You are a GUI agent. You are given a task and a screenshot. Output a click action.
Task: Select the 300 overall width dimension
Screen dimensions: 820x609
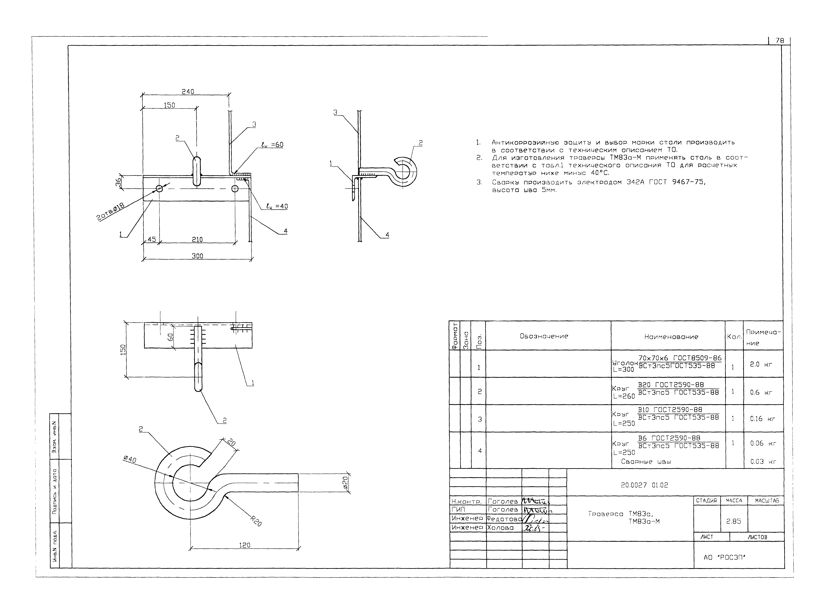tap(197, 256)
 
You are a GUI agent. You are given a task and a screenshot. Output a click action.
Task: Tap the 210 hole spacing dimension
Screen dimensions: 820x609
tap(197, 240)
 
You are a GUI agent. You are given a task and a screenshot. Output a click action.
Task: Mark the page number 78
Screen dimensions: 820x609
tap(780, 41)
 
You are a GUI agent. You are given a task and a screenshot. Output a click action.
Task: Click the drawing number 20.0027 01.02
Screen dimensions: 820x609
tap(644, 485)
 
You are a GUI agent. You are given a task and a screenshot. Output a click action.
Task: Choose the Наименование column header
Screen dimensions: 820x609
tap(671, 337)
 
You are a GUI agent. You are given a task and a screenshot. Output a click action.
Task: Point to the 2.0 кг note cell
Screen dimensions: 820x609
tap(761, 364)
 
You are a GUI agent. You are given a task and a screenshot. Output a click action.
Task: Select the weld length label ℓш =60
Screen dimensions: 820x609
tap(272, 145)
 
